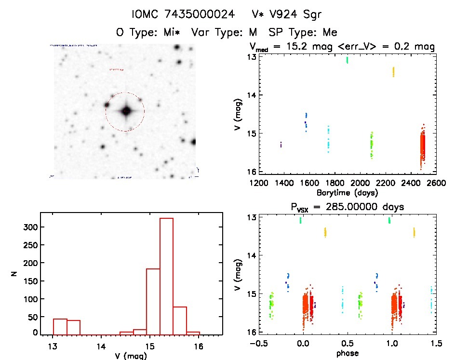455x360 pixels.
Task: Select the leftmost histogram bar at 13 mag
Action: pos(60,326)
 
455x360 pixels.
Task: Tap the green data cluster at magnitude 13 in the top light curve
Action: pos(347,60)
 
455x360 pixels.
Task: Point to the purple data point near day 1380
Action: pos(281,144)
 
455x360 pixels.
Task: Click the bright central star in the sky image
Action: pos(126,111)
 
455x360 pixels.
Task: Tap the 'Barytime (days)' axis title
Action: pos(347,193)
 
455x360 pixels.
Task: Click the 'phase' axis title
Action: pos(347,353)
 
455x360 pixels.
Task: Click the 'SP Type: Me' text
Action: pos(309,32)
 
